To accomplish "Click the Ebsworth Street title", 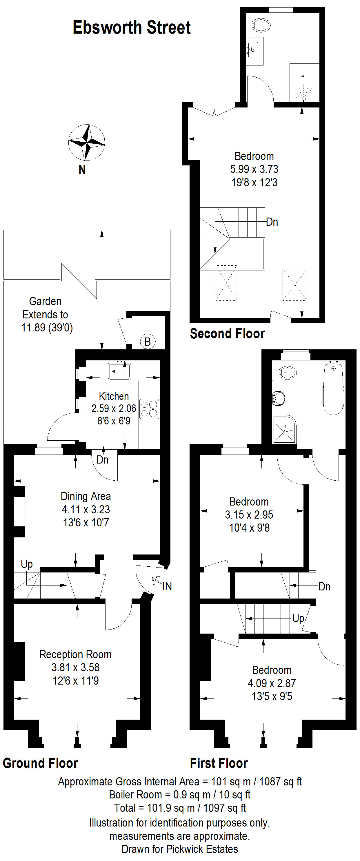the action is click(132, 28).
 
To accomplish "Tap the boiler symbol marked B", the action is click(148, 342).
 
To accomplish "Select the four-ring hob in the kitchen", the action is click(149, 409).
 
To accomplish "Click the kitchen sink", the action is click(119, 371).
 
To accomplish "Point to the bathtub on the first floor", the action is click(333, 389).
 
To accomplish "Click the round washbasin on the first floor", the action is click(279, 398).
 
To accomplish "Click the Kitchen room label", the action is click(114, 396).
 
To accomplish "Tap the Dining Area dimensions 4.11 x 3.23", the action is click(86, 509).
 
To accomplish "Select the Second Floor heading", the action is click(227, 333).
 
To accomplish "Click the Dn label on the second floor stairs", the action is click(272, 222).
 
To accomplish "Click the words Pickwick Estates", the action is click(202, 849).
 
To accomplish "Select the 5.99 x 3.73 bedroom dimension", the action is click(254, 169).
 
